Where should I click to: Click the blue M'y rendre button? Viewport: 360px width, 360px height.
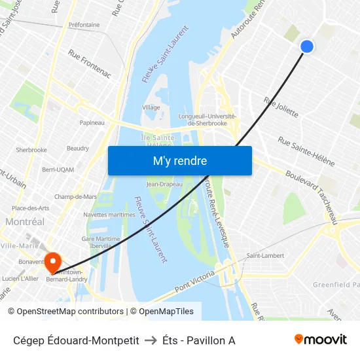tap(179, 160)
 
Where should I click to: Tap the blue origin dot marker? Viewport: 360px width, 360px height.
tap(306, 46)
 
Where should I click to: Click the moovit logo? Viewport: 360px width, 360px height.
tap(321, 339)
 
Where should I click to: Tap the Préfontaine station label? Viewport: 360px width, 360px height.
tap(84, 25)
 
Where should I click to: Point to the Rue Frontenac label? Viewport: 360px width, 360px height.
tap(90, 65)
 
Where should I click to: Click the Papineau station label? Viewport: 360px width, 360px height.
tap(92, 122)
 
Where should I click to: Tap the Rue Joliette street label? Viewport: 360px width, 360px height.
tap(281, 107)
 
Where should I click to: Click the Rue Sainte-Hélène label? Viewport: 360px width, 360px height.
tap(306, 151)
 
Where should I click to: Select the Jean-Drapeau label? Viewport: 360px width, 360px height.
tap(164, 184)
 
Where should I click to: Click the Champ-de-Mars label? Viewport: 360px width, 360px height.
tap(75, 196)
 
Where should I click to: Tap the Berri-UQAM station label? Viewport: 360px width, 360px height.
tap(58, 170)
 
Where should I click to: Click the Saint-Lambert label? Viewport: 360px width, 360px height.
tap(264, 255)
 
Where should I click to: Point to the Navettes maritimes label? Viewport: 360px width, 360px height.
tap(109, 215)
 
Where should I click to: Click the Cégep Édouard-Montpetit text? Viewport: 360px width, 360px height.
tap(76, 340)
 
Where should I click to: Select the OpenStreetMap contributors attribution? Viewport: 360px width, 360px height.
tap(65, 312)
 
